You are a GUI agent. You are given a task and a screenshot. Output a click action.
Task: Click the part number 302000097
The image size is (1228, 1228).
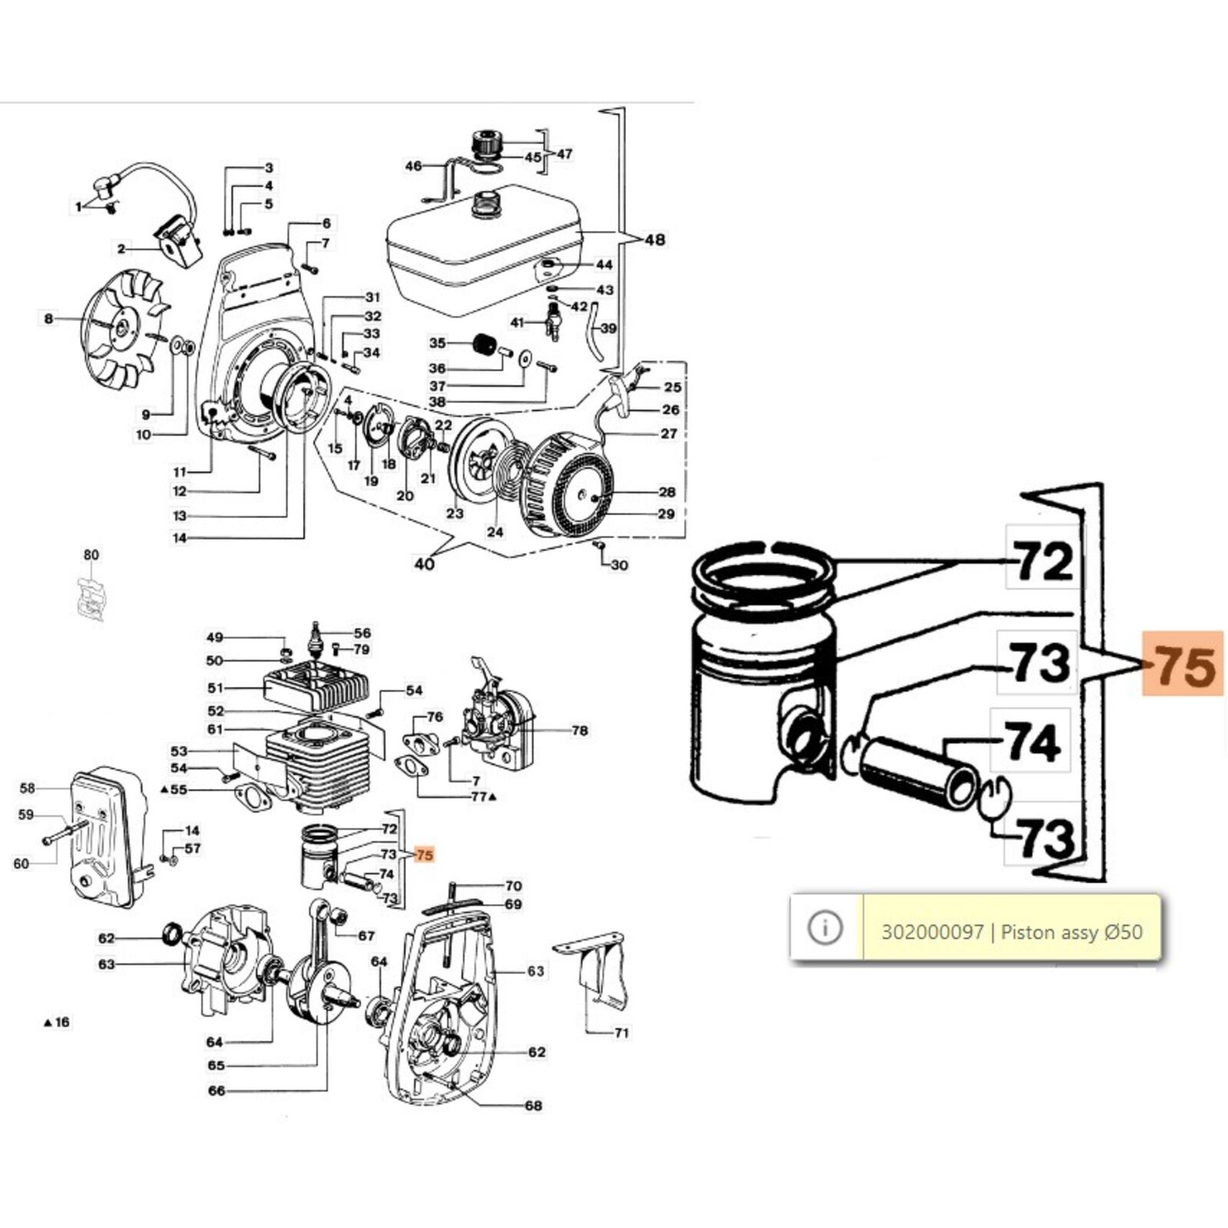[932, 932]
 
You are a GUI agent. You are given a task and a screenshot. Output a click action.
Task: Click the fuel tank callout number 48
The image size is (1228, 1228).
[655, 239]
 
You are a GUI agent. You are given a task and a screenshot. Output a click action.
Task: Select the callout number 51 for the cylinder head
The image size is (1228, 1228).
[216, 688]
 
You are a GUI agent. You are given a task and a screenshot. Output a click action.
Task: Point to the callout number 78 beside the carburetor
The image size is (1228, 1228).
[579, 730]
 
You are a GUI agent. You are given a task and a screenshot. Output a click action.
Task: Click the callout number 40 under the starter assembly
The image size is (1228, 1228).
[424, 564]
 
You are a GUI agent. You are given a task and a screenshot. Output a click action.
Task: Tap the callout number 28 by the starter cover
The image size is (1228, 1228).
[666, 492]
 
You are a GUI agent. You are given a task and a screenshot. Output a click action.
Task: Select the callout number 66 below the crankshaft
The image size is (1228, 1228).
[216, 1090]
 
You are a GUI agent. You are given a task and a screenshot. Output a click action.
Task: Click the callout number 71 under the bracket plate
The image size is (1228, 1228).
[622, 1032]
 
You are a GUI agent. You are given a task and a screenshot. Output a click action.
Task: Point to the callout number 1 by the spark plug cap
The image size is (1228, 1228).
[78, 206]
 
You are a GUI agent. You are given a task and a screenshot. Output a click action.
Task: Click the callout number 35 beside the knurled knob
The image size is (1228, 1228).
[437, 342]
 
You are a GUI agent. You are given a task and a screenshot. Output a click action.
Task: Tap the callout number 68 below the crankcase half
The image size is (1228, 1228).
[533, 1105]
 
